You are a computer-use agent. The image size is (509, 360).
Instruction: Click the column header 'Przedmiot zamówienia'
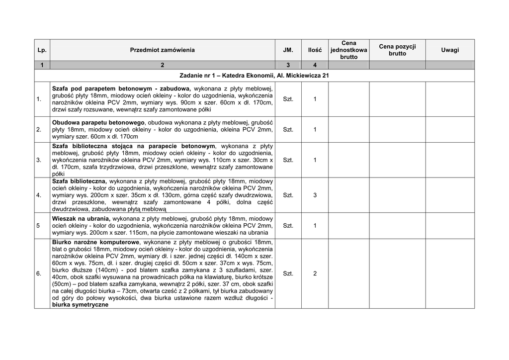coord(163,50)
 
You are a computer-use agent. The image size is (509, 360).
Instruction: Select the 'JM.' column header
coord(288,50)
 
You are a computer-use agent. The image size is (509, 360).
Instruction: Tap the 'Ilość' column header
coord(315,50)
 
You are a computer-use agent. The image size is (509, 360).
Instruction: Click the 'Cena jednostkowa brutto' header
coord(348,50)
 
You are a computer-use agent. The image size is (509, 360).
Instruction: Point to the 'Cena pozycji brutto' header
coord(397,50)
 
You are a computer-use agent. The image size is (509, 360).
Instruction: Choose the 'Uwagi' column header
coord(450,50)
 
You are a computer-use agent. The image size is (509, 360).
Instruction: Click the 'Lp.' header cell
coord(42,50)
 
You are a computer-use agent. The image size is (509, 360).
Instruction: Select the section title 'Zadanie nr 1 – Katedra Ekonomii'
coord(254,76)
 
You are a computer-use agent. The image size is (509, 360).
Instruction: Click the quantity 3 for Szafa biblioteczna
coord(315,195)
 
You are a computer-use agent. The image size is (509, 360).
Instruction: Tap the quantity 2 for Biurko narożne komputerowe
coord(315,273)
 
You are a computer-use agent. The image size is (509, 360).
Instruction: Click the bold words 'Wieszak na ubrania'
coord(81,218)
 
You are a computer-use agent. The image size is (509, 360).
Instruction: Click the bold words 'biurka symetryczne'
coord(80,305)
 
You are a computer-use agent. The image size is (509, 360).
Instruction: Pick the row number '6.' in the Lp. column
coord(39,273)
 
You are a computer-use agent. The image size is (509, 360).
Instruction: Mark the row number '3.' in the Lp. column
coord(39,161)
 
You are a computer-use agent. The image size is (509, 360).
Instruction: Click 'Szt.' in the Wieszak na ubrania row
coord(288,226)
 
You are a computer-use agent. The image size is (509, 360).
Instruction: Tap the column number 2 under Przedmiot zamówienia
coord(163,65)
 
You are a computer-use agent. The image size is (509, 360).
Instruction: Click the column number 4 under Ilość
coord(315,65)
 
